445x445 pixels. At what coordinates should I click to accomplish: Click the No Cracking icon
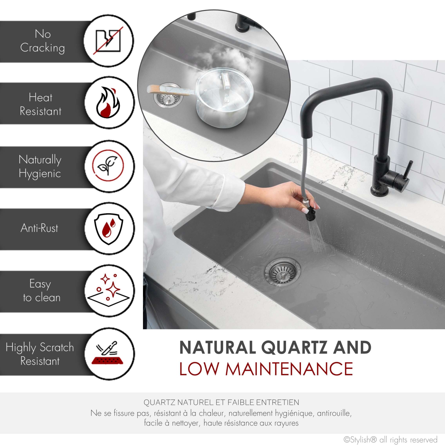[x=108, y=41]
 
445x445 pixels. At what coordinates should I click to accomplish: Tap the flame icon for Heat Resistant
[x=108, y=103]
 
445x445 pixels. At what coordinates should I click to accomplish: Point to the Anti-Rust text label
[x=39, y=228]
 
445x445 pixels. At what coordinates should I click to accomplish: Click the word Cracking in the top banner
[x=42, y=48]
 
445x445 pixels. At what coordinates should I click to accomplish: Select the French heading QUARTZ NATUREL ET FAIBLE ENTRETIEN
[x=221, y=403]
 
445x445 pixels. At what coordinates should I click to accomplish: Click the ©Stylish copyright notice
[x=390, y=439]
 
